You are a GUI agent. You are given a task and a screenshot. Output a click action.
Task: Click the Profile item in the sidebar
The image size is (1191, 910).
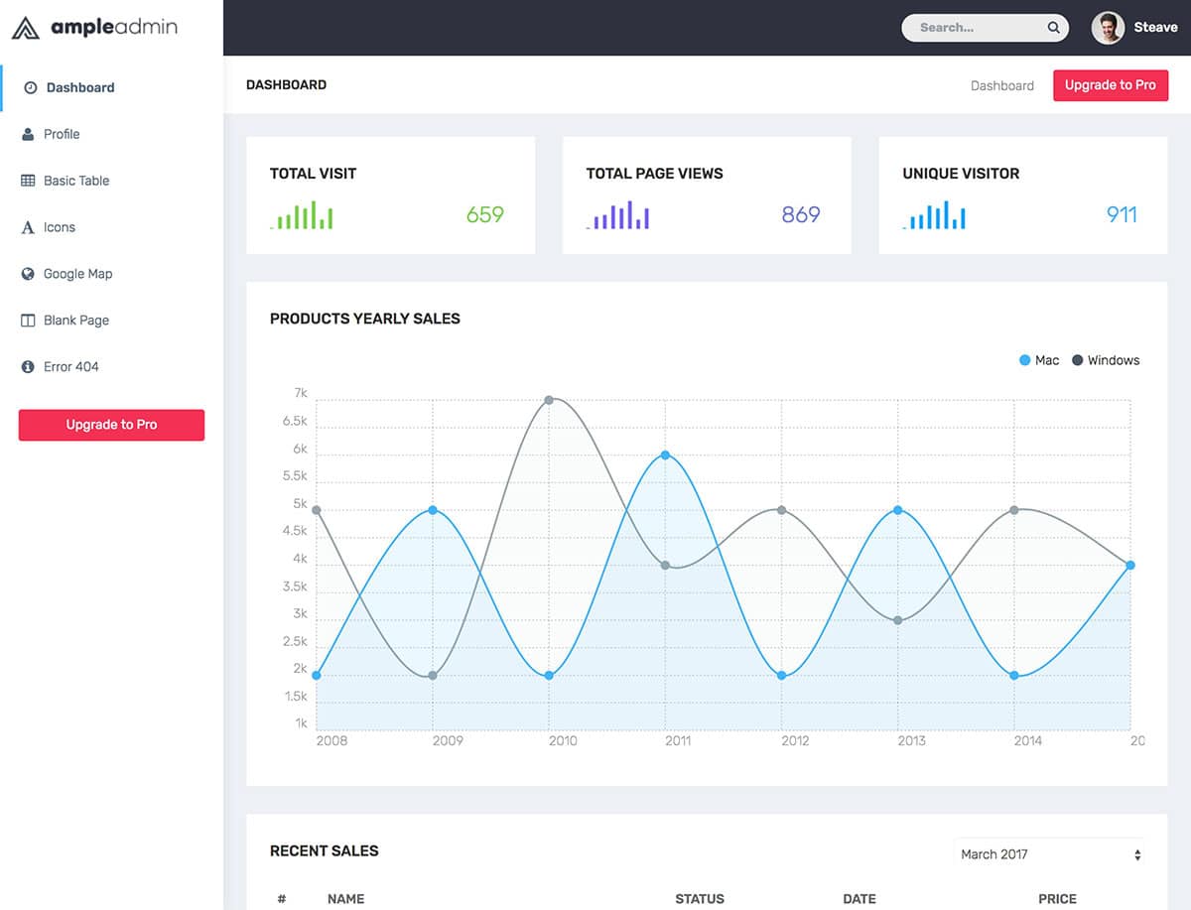click(61, 134)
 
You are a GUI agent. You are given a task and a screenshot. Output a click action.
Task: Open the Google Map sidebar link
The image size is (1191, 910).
click(77, 274)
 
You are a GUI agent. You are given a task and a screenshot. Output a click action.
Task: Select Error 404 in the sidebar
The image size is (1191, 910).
click(70, 367)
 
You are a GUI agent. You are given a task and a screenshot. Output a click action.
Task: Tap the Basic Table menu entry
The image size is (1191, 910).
click(75, 181)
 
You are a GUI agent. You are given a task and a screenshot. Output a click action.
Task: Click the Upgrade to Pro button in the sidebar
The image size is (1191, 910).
click(111, 425)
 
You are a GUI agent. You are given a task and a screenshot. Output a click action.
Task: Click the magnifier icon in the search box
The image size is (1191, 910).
click(1053, 28)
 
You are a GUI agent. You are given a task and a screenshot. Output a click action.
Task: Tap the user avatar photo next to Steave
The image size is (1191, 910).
click(1108, 28)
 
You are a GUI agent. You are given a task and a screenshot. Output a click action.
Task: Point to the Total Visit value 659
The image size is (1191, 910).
click(485, 214)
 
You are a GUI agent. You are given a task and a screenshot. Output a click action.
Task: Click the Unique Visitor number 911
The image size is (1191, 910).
click(1122, 214)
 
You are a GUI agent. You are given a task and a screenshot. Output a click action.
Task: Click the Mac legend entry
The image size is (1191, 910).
click(1039, 360)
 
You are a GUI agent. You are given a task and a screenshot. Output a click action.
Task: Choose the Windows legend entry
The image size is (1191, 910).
click(1106, 360)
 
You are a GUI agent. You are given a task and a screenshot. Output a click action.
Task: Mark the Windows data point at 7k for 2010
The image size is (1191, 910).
click(549, 400)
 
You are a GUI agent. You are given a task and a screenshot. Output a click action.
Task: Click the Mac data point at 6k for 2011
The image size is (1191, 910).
click(665, 455)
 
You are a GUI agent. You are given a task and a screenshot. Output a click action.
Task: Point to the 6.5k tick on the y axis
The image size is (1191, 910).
click(295, 422)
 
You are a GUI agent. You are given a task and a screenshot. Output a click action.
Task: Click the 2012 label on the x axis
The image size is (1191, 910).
click(795, 740)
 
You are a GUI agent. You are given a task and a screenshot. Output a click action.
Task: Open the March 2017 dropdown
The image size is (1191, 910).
click(1050, 854)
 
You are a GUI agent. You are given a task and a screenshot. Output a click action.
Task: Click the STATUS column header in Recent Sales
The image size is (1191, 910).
click(700, 899)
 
